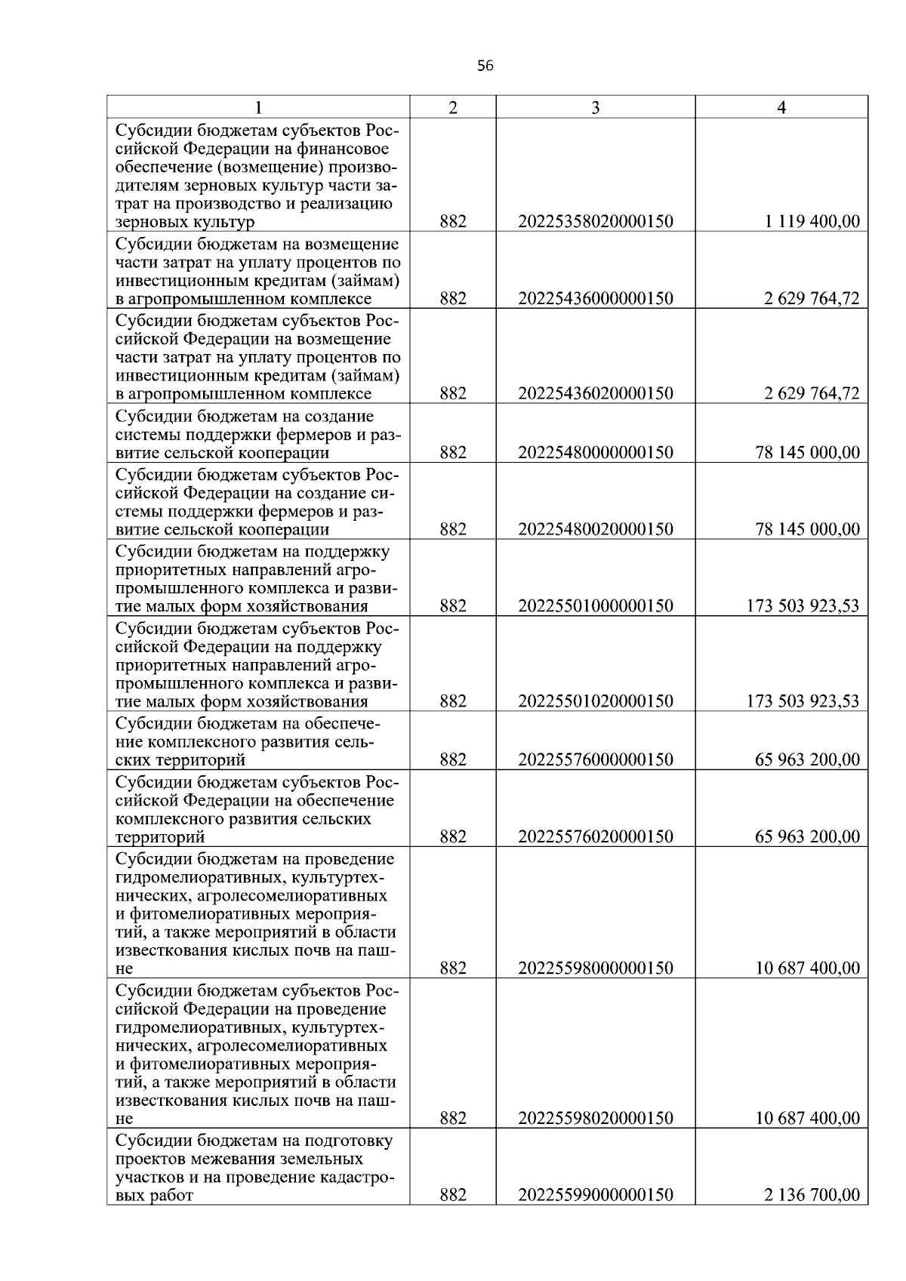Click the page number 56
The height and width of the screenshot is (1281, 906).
coord(485,66)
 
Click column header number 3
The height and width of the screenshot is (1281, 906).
coord(595,108)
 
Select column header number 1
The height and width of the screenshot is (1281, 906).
coord(258,108)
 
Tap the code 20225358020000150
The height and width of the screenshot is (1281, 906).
coord(595,222)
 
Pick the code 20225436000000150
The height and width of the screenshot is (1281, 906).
coord(595,299)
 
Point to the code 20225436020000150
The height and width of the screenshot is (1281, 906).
coord(595,394)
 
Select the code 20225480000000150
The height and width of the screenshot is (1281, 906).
coord(595,453)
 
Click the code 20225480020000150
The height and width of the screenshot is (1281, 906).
coord(595,530)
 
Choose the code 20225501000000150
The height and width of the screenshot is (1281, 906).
coord(595,606)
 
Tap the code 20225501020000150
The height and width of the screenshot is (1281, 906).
coord(595,701)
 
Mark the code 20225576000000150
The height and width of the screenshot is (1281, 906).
coord(595,760)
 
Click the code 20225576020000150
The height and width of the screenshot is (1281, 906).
coord(595,837)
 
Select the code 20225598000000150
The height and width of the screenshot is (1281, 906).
coord(595,968)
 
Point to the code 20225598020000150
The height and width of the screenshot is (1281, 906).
coord(595,1119)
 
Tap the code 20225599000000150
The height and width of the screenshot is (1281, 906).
coord(595,1195)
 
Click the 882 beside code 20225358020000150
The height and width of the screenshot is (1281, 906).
coord(452,222)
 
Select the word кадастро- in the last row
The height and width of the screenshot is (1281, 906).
coord(360,1177)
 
